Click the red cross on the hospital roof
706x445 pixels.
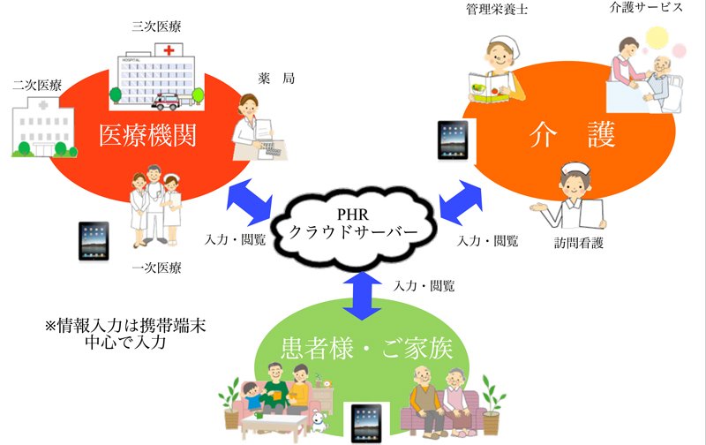169,50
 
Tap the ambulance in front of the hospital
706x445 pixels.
166,102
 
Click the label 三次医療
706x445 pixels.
156,26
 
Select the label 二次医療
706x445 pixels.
37,85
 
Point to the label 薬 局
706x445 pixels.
276,79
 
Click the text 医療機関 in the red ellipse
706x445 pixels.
147,135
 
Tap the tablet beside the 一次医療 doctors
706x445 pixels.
94,241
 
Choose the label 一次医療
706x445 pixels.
156,268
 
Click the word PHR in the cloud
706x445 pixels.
352,215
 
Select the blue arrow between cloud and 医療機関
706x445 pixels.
250,202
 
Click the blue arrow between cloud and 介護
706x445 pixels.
461,202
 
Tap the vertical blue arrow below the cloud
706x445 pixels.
362,296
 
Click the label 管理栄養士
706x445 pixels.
497,9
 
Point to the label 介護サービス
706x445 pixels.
646,7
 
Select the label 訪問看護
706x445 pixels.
578,243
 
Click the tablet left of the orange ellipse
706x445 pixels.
453,140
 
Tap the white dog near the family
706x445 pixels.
319,421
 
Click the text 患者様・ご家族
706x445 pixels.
366,348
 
